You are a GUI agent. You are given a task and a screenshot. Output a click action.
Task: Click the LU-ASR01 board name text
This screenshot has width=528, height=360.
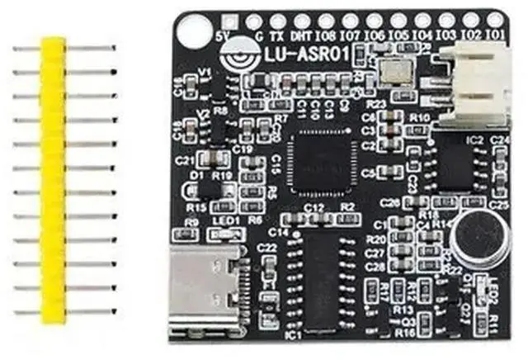tap(304, 55)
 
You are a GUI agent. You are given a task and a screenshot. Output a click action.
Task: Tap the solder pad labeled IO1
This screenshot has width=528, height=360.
tap(495, 21)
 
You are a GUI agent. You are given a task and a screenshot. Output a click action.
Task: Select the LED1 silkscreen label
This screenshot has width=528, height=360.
tap(224, 222)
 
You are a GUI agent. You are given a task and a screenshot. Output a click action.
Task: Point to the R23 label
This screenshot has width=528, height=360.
tap(375, 105)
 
